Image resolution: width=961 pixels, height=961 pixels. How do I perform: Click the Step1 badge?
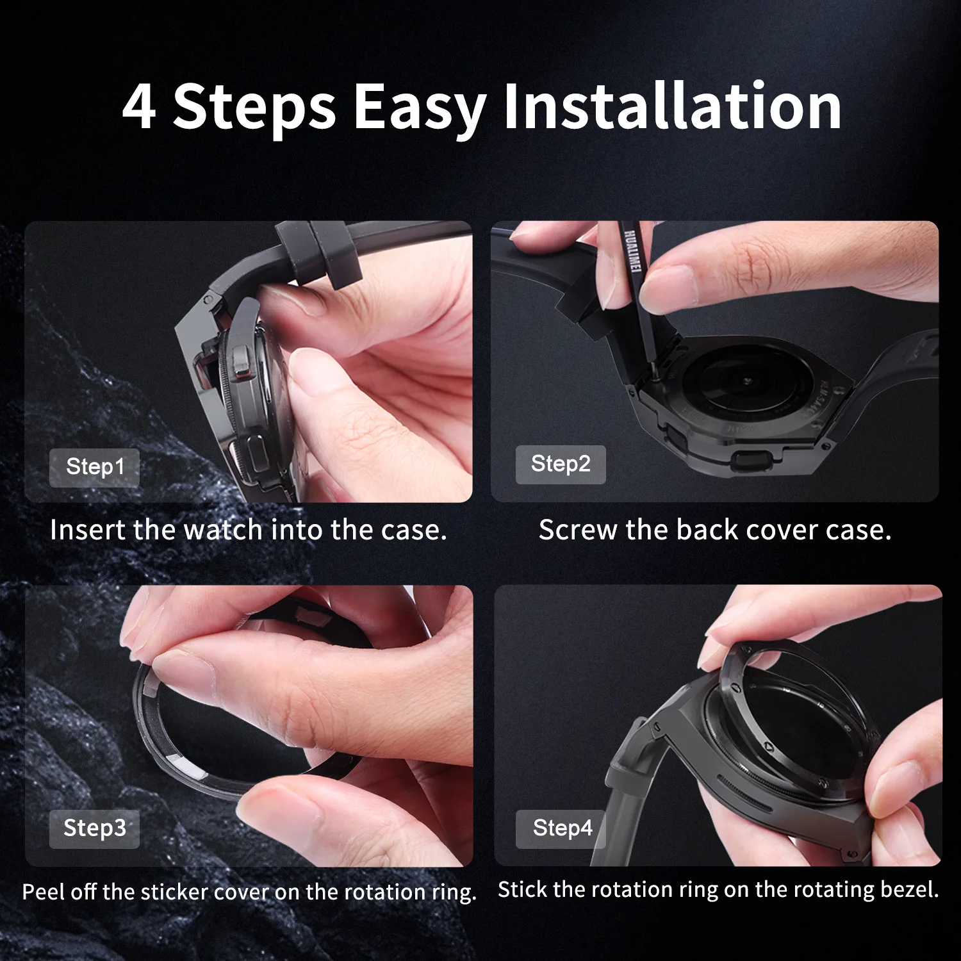[x=94, y=467]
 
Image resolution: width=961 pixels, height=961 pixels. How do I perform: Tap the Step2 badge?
[x=561, y=464]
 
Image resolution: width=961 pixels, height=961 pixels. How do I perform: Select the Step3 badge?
[x=94, y=828]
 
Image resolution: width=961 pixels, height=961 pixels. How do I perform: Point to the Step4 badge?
[x=561, y=828]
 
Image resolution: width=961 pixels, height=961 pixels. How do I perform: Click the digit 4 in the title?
[x=139, y=106]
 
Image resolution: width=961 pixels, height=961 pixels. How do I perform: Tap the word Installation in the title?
[x=672, y=105]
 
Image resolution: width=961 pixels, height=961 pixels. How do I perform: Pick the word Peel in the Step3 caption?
[x=44, y=892]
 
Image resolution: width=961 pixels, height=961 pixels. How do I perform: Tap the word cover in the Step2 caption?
[x=783, y=530]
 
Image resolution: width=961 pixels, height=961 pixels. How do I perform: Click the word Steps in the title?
[x=254, y=108]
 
